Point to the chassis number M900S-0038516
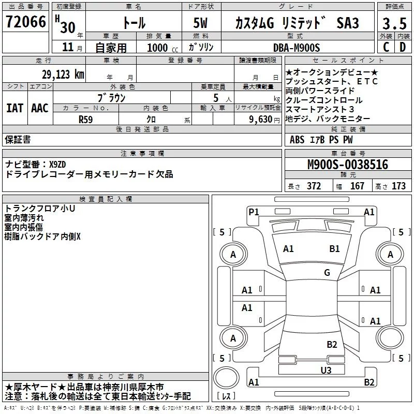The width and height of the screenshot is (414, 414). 347,165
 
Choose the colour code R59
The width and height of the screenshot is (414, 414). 86,119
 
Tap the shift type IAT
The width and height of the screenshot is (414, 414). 14,108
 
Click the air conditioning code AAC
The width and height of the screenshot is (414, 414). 40,108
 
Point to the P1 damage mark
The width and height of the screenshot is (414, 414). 254,211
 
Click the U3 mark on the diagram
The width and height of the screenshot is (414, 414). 326,369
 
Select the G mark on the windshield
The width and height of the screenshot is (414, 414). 327,272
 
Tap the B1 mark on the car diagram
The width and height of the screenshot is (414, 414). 334,249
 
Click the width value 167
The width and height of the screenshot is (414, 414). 357,186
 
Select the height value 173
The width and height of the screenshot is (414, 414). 398,186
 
